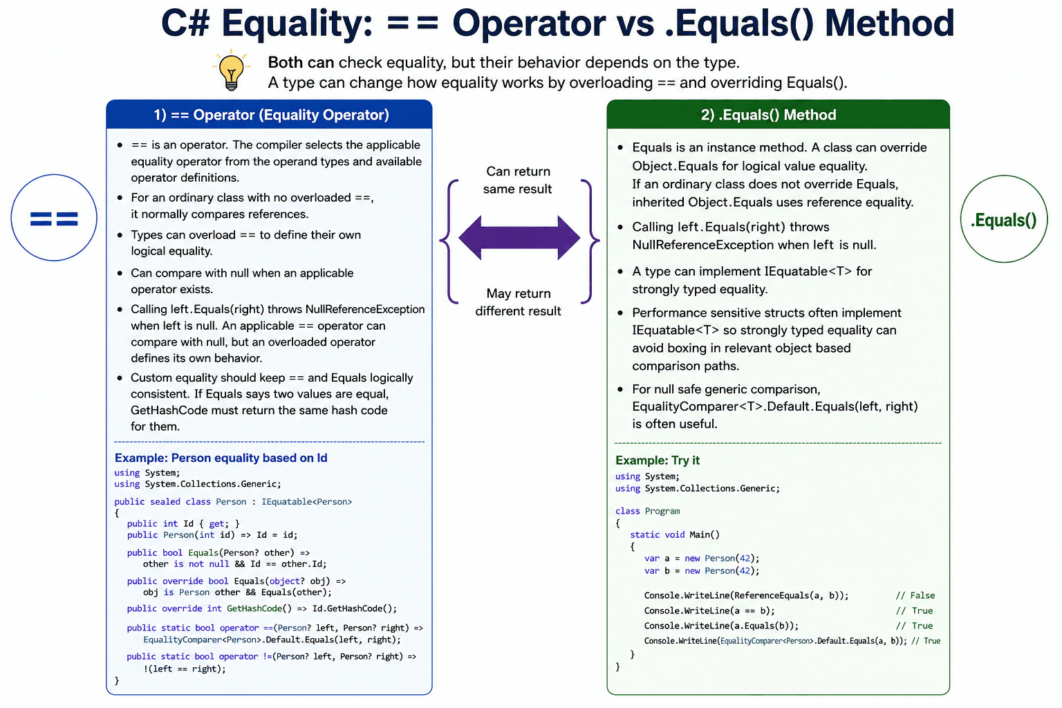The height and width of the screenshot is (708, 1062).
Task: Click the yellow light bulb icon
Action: [x=232, y=70]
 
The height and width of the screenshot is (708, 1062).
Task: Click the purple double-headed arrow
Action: [x=519, y=238]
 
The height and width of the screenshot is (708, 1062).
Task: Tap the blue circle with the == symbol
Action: [x=54, y=218]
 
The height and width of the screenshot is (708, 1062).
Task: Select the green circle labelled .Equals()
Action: [x=1004, y=219]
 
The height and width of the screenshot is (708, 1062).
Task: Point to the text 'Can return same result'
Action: [x=518, y=180]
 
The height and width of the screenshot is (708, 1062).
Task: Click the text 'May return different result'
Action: [x=518, y=302]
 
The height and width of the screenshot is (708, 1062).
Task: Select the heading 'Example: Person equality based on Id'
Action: [x=221, y=458]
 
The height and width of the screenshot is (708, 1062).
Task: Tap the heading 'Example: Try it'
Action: [x=658, y=460]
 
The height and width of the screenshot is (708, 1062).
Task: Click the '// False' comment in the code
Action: [x=915, y=595]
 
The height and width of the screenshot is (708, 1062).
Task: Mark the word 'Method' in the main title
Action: [x=889, y=23]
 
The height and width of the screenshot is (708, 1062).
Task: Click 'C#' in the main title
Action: [x=186, y=23]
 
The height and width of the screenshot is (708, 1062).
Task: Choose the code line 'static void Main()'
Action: [x=675, y=535]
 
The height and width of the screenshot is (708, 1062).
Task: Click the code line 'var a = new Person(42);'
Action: [x=702, y=559]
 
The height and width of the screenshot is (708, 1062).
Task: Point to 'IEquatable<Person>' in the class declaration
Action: [x=307, y=502]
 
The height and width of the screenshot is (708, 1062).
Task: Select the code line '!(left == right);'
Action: [x=185, y=669]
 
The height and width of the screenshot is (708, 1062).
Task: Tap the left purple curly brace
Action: [x=449, y=241]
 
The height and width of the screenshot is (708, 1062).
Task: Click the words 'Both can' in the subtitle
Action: [x=301, y=62]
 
